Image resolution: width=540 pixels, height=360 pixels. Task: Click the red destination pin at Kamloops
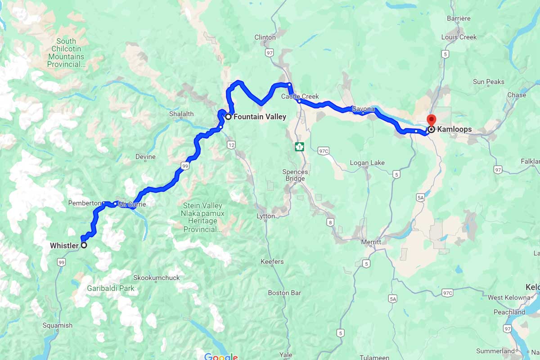(x=431, y=121)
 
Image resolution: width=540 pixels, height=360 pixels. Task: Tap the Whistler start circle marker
(x=83, y=245)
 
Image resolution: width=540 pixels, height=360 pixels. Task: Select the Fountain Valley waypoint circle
(x=228, y=117)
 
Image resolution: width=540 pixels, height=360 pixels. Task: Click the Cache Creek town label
(x=300, y=96)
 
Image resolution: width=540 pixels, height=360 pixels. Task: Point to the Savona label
(x=363, y=109)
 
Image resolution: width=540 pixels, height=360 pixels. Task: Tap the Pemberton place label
(x=84, y=203)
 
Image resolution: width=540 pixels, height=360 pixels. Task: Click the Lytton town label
(x=265, y=216)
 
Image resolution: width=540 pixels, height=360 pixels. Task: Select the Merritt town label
(x=371, y=242)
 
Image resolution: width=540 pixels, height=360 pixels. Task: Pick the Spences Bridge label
(x=295, y=175)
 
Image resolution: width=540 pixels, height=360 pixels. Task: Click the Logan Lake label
(x=368, y=162)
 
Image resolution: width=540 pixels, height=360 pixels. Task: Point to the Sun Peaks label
(x=488, y=82)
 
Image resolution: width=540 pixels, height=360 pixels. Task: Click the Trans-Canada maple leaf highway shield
(x=299, y=147)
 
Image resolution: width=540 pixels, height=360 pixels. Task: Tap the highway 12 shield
(x=231, y=144)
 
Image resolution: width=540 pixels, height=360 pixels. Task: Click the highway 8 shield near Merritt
(x=331, y=222)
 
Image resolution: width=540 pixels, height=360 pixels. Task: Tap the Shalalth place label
(x=181, y=114)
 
